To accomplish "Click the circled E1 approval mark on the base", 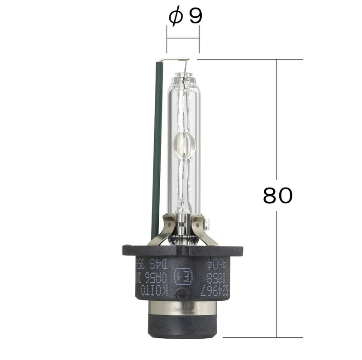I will (183, 276).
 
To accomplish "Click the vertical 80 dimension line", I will (276, 136).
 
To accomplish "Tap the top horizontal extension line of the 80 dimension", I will (249, 59).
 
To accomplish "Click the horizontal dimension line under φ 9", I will (183, 38).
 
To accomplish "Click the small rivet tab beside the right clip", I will (208, 223).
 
